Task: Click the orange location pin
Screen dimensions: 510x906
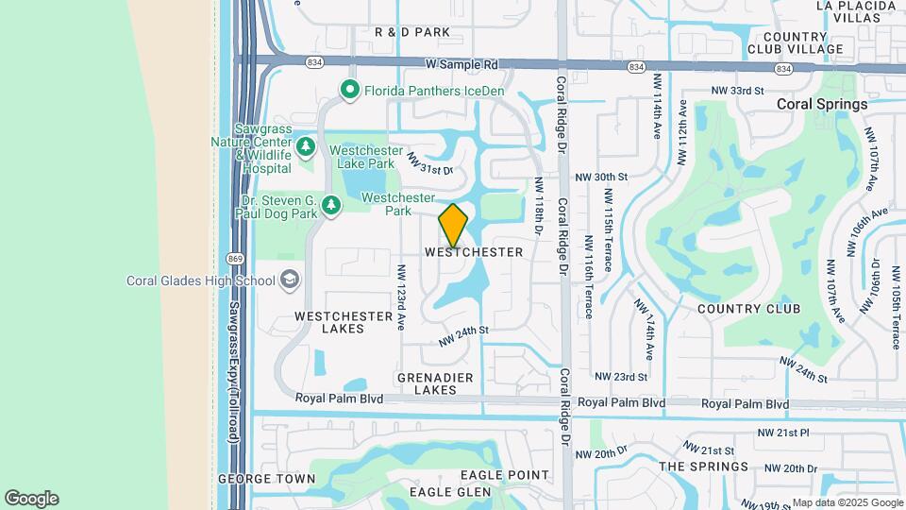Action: (x=454, y=225)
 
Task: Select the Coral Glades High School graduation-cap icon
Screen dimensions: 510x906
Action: (x=290, y=280)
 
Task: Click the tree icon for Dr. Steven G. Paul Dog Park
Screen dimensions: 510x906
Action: (x=330, y=205)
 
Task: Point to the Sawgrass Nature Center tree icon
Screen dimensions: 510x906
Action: (x=305, y=146)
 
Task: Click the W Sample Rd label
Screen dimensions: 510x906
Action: (x=461, y=65)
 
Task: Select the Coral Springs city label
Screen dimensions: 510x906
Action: (x=821, y=105)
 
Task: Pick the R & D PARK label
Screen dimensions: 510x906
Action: (x=412, y=32)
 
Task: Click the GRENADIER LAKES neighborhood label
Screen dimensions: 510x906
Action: (x=435, y=382)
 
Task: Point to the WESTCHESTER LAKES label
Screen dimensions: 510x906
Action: (x=344, y=322)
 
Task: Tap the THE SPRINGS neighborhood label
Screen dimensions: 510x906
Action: (x=703, y=467)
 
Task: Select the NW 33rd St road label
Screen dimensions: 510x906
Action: (x=737, y=90)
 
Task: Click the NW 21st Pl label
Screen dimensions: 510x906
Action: (x=783, y=433)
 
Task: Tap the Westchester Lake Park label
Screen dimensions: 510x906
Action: (x=361, y=156)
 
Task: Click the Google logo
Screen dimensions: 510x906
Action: (x=31, y=499)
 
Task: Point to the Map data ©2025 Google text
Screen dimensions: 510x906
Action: (x=847, y=502)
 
